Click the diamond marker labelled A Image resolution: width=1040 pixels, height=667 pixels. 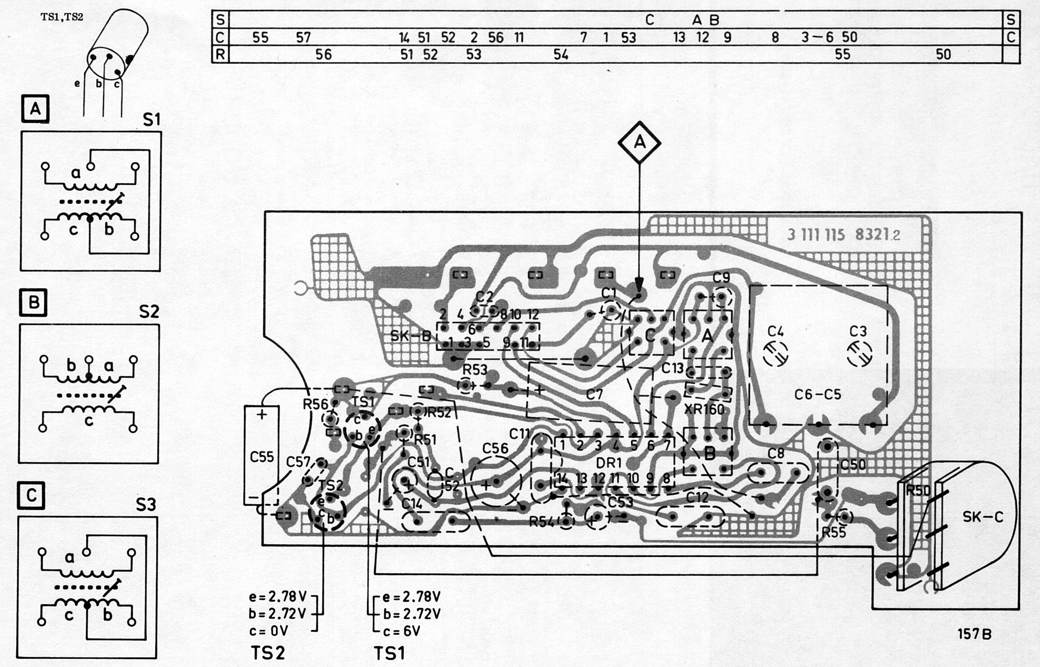(x=639, y=143)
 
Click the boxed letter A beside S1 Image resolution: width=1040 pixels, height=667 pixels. (x=35, y=109)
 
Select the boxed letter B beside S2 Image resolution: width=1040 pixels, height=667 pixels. (x=33, y=302)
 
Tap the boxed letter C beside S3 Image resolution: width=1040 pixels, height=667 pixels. (x=31, y=496)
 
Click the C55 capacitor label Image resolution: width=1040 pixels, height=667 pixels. (x=262, y=457)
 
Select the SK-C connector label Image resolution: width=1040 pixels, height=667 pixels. (x=982, y=517)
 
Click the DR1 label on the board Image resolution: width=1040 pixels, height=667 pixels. (x=609, y=463)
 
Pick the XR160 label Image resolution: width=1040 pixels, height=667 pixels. (x=704, y=409)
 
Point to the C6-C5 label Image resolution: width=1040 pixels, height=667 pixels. (x=818, y=395)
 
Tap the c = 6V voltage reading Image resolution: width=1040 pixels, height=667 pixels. (x=401, y=631)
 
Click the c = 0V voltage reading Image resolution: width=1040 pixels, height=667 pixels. (x=268, y=631)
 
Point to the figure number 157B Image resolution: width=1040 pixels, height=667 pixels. (x=974, y=635)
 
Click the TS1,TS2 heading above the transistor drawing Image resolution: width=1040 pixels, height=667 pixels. (x=62, y=18)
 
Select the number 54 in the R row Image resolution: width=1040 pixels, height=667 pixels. (x=561, y=55)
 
